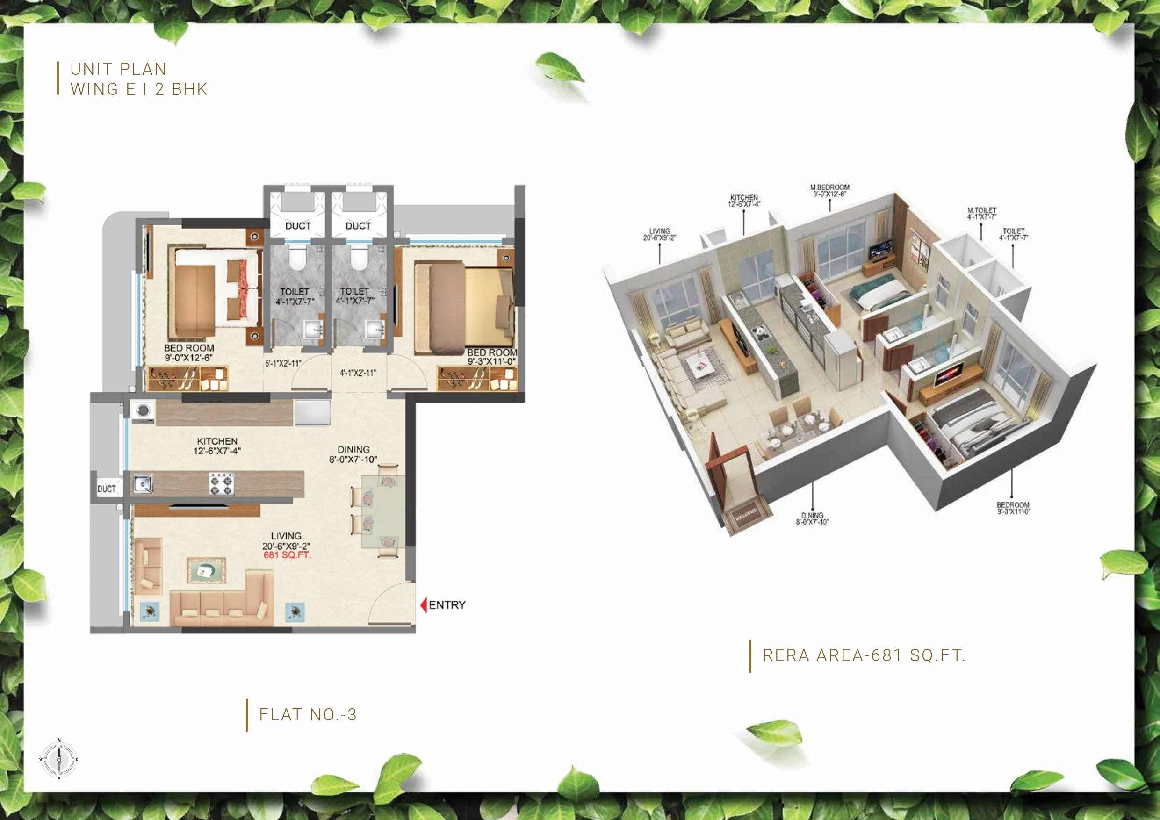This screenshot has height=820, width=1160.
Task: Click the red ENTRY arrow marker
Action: (x=424, y=605)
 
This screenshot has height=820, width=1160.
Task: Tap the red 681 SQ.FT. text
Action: (x=287, y=555)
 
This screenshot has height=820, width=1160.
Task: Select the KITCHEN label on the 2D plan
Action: (x=217, y=441)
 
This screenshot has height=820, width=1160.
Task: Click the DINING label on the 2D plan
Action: (x=353, y=450)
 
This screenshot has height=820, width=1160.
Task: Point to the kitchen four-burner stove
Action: (x=221, y=483)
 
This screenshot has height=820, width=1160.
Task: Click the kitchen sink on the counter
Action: (x=143, y=483)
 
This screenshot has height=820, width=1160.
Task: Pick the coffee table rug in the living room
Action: (x=206, y=570)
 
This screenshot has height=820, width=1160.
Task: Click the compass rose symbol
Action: (x=59, y=759)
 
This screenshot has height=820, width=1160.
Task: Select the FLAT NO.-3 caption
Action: (x=308, y=714)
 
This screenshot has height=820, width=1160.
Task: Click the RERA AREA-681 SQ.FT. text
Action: (x=864, y=655)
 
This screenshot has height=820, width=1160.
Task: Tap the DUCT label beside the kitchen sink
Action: (x=107, y=489)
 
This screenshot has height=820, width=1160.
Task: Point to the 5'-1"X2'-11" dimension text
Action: (x=283, y=363)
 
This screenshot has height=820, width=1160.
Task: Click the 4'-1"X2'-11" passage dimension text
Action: (x=358, y=373)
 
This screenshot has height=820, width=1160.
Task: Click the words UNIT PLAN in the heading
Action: (x=118, y=69)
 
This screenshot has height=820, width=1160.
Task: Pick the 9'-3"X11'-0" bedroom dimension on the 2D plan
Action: (x=491, y=361)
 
